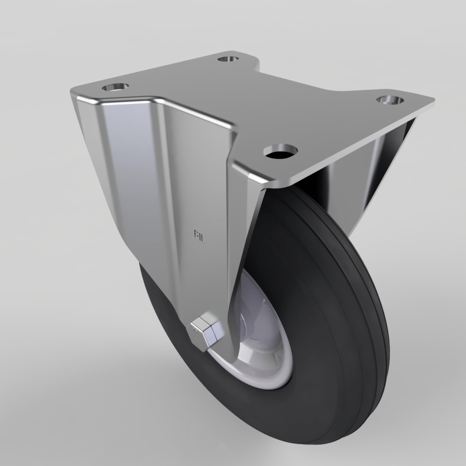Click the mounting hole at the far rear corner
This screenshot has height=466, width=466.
(x=228, y=59)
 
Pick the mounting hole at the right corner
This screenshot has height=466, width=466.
(x=390, y=100)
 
